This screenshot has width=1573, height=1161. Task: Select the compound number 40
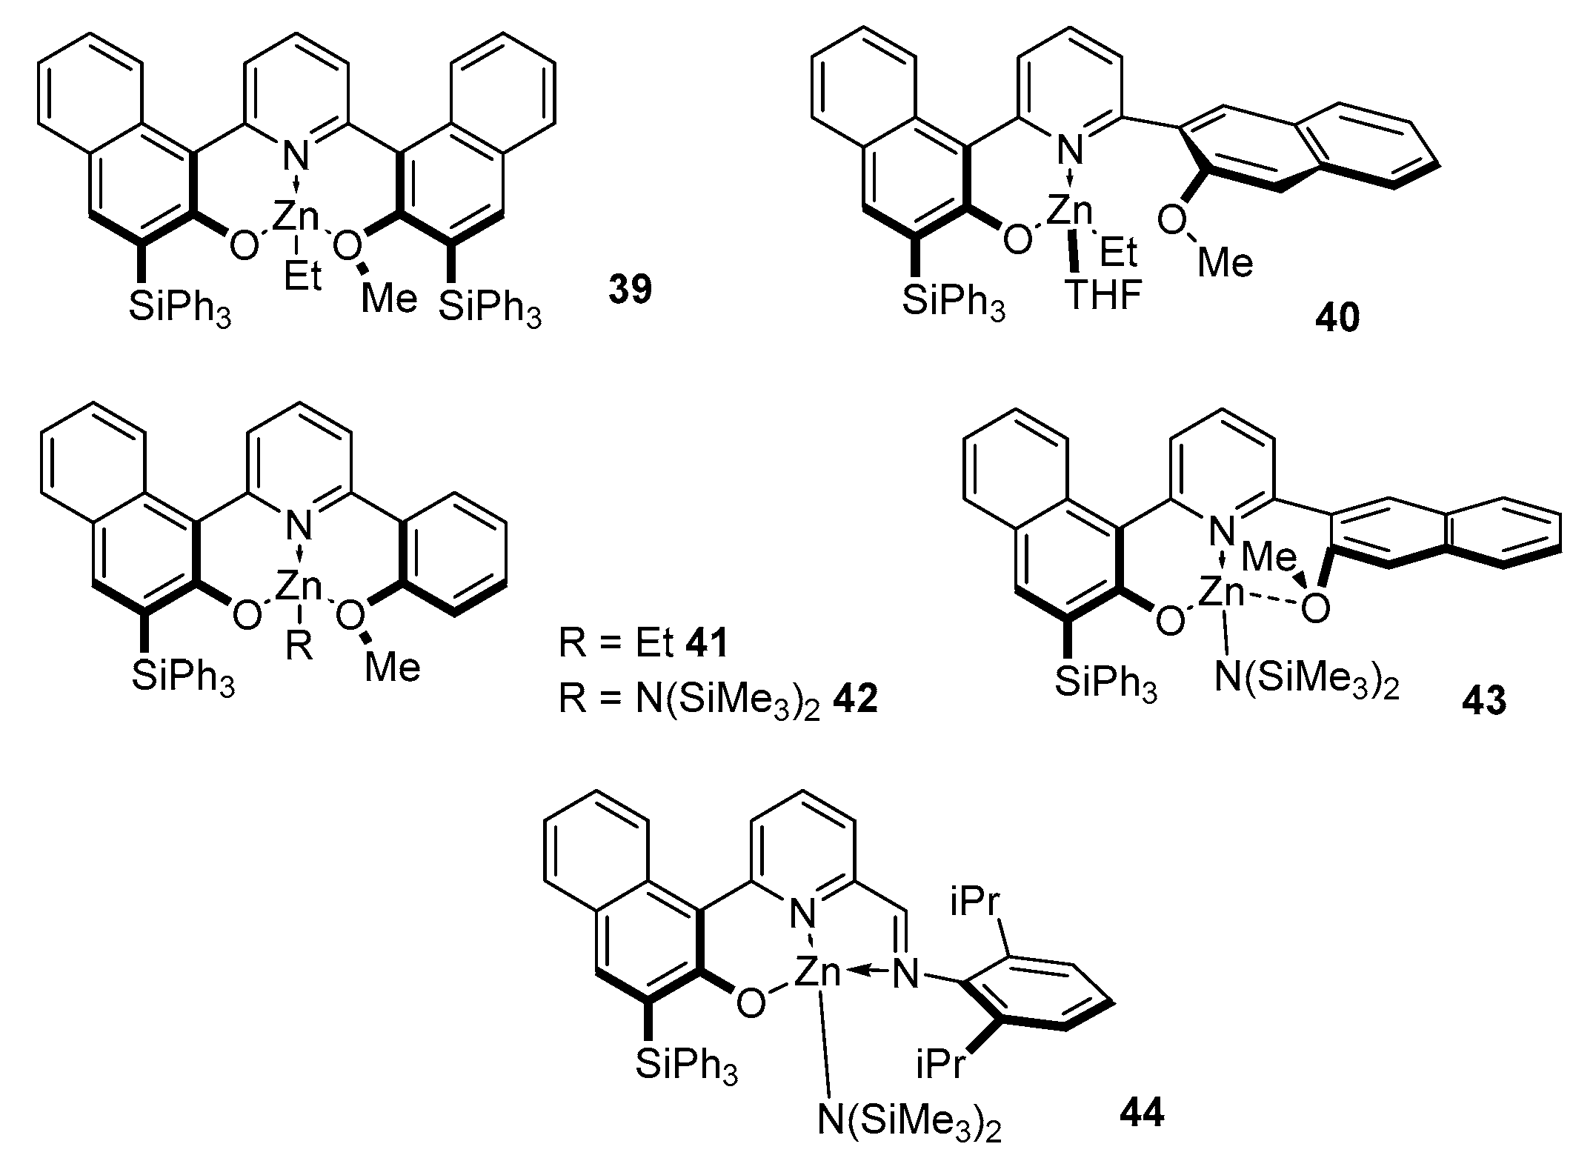point(1338,319)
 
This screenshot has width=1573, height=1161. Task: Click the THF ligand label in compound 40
point(1103,295)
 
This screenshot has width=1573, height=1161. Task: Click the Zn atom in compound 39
point(296,216)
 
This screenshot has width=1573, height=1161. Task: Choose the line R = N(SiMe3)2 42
point(718,698)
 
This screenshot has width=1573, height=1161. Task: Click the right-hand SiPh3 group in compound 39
point(489,305)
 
